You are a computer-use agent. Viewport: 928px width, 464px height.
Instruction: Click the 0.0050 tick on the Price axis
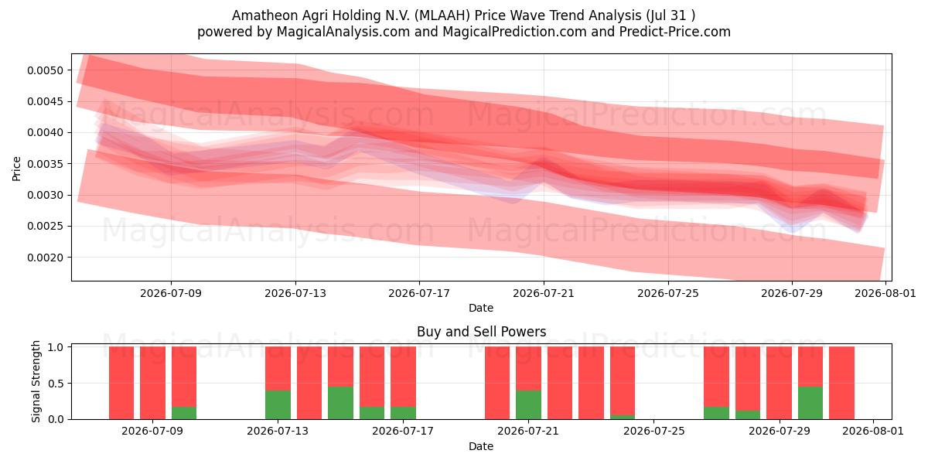coord(45,70)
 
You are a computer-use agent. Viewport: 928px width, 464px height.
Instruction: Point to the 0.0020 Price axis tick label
coord(45,258)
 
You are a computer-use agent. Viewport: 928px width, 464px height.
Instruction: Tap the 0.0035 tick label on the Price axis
coord(45,164)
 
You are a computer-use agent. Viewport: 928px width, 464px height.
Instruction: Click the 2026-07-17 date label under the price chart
coord(419,293)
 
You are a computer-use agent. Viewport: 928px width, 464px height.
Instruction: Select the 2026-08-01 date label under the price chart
coord(885,293)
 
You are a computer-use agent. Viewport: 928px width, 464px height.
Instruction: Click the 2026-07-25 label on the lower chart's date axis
coord(653,432)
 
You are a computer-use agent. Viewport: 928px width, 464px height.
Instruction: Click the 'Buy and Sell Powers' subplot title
coord(481,332)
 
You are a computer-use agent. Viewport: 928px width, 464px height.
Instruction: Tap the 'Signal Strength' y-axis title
coord(36,381)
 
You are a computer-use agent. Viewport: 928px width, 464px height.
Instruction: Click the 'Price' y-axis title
coord(16,169)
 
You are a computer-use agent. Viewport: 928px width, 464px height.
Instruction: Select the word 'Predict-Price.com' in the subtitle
coord(675,32)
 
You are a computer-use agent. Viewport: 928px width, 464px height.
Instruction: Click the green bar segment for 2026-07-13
coord(278,404)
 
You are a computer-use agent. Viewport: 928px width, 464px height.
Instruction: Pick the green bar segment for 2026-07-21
coord(529,404)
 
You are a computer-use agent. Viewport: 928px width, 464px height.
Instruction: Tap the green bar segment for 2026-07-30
coord(810,403)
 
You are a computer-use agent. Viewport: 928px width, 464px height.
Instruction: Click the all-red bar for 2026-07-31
coord(842,383)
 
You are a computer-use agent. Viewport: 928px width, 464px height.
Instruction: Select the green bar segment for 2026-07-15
coord(340,403)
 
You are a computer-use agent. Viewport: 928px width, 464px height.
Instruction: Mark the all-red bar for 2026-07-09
coord(153,383)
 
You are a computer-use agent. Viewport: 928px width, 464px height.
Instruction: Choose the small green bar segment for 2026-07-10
coord(184,413)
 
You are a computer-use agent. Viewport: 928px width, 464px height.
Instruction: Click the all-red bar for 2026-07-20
coord(497,383)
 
